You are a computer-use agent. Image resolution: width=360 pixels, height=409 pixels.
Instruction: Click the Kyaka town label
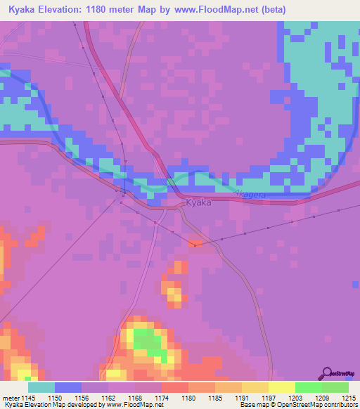(x=198, y=203)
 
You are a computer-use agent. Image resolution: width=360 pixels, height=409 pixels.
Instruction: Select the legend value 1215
(x=349, y=398)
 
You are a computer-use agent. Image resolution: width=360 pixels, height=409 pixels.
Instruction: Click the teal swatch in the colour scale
(x=41, y=387)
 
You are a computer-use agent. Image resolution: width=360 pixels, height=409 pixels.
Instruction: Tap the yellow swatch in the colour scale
(x=282, y=387)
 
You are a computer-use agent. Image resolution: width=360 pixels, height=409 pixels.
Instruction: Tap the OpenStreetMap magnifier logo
(x=326, y=374)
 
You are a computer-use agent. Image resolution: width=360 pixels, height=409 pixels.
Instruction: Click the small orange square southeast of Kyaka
(x=195, y=243)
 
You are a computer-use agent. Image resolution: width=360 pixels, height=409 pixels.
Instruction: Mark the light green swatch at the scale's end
(x=335, y=387)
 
